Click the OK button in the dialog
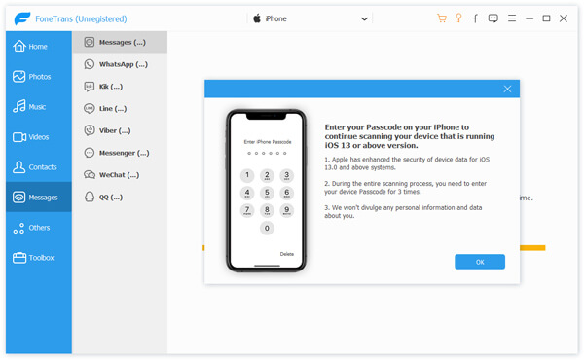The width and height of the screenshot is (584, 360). tap(480, 262)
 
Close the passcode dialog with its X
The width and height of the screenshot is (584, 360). tap(507, 89)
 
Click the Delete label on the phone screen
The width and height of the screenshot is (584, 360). tap(286, 254)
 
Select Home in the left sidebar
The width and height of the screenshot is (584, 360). tap(37, 46)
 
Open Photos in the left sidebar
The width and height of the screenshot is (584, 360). tap(37, 76)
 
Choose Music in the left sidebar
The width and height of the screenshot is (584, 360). tap(37, 106)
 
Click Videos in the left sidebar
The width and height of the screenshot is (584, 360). tap(37, 137)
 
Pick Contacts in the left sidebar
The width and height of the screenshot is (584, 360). tap(37, 167)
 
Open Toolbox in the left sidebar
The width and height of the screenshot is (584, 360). tap(37, 258)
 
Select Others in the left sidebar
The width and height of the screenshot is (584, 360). tap(37, 228)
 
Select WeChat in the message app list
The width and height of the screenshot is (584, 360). tap(119, 175)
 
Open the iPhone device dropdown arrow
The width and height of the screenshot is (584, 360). tap(364, 18)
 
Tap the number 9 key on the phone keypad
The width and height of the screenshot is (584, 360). tap(286, 209)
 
